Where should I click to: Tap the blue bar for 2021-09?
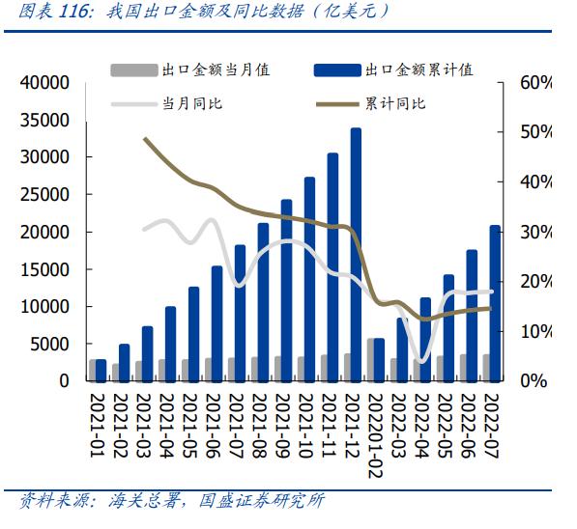tap(286, 290)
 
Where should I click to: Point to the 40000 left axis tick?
tap(47, 83)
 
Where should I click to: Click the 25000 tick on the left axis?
tap(47, 194)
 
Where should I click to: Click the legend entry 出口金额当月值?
tap(215, 70)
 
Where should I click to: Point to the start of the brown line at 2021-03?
tap(144, 139)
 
